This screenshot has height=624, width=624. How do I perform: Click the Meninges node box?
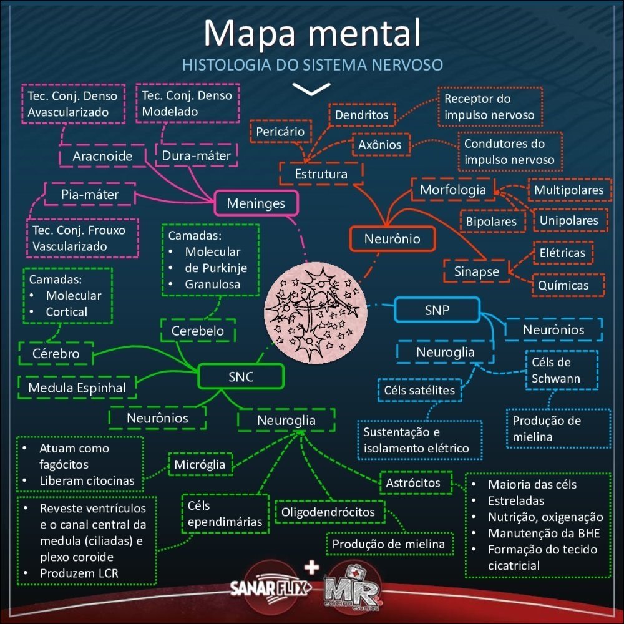(x=256, y=203)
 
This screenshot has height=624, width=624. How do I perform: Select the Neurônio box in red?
(x=392, y=238)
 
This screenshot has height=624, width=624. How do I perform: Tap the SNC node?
(x=241, y=376)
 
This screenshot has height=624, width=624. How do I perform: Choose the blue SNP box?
(x=437, y=310)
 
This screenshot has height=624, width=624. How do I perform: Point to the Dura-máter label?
(x=197, y=155)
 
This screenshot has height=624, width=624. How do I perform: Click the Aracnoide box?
(x=103, y=156)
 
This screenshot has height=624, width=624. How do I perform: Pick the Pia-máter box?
(x=90, y=195)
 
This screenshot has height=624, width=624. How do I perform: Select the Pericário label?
(x=281, y=132)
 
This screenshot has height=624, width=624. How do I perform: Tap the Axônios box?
(x=380, y=145)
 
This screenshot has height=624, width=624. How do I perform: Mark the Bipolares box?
(x=491, y=221)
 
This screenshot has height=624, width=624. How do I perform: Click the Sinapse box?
(x=476, y=271)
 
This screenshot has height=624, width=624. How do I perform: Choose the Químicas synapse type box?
(x=563, y=285)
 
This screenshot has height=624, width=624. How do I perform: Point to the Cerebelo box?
(x=198, y=331)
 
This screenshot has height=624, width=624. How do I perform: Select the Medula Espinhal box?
(x=77, y=388)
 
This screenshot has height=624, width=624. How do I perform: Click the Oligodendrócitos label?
(x=328, y=512)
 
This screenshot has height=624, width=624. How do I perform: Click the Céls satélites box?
(x=419, y=391)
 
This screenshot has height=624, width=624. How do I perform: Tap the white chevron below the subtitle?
(x=311, y=89)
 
